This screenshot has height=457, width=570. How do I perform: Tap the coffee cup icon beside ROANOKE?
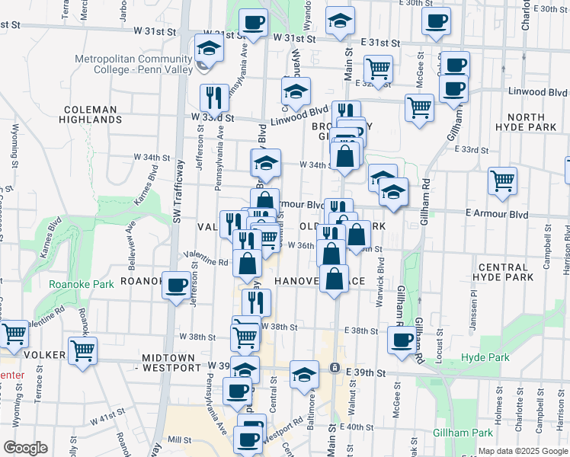177,286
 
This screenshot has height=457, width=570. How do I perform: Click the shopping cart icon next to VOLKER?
83,350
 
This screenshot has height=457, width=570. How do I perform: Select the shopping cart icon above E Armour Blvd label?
502,181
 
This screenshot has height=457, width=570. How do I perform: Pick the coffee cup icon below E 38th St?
402,340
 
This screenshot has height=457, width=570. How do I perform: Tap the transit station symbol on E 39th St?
334,367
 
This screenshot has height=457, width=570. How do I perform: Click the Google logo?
25,449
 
